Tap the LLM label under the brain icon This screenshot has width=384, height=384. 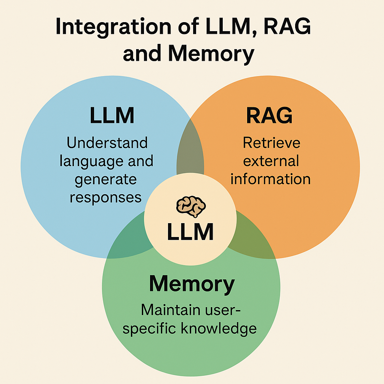[x=190, y=232]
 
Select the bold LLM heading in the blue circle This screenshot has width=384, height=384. [x=112, y=116]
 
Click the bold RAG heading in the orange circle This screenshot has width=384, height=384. [x=269, y=116]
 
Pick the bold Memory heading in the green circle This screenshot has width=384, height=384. [x=192, y=284]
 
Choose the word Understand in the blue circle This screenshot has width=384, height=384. [x=107, y=143]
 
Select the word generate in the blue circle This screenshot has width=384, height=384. [x=106, y=179]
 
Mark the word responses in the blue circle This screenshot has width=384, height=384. [x=106, y=197]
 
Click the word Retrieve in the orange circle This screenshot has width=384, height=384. [x=271, y=143]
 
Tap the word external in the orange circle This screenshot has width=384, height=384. [x=271, y=161]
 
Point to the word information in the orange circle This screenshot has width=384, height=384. [x=271, y=179]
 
